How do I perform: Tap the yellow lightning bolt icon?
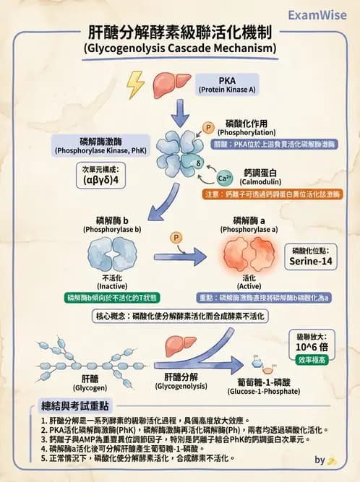[x=135, y=85]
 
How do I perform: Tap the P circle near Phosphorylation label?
[x=209, y=129]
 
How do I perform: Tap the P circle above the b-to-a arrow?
[x=175, y=238]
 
